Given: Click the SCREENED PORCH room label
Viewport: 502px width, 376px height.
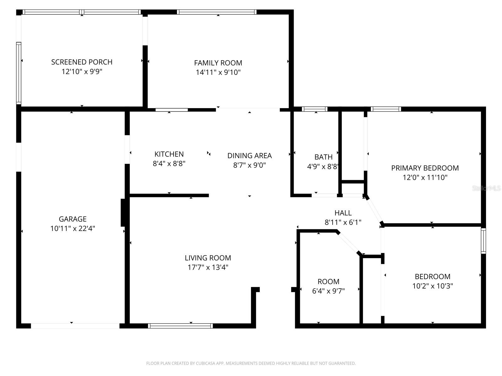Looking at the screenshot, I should [82, 62].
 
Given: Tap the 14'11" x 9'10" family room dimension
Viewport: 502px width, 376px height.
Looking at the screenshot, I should [218, 72].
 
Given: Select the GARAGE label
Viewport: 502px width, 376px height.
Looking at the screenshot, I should [72, 219].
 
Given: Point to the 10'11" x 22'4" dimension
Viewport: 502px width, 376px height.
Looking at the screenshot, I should [72, 229].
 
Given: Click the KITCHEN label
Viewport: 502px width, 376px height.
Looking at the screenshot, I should [169, 154].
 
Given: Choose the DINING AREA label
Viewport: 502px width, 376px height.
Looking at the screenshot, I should [249, 156].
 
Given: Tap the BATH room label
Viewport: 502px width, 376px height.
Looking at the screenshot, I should [323, 157].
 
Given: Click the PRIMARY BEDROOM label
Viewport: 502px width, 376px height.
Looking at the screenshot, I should [425, 168].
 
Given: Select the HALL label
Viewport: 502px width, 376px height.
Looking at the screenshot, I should [343, 213].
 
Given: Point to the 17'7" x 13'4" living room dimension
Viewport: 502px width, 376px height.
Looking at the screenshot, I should [208, 268].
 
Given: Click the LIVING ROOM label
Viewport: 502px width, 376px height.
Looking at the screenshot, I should [208, 258].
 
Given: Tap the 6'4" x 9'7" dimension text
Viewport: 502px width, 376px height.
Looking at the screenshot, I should [328, 291].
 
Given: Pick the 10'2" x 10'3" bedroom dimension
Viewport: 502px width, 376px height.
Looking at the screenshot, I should [432, 286].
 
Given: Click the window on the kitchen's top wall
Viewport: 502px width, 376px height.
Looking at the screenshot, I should [172, 110].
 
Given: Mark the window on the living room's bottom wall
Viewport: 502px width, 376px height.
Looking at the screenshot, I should [180, 326].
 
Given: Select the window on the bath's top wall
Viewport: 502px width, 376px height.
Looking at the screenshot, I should [314, 109].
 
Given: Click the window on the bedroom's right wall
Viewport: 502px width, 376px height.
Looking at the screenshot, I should [483, 241].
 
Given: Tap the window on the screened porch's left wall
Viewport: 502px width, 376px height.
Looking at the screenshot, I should [19, 73].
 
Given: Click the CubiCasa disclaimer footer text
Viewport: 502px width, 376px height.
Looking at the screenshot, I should [251, 363].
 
